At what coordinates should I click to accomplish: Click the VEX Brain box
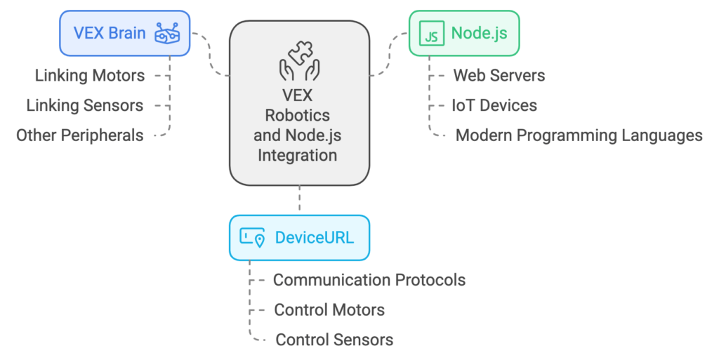(125, 33)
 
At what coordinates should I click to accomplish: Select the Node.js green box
(464, 33)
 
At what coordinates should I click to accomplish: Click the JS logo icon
(431, 33)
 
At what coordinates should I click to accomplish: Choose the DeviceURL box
(299, 237)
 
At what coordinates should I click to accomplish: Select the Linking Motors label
(90, 75)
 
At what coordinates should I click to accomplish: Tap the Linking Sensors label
(84, 105)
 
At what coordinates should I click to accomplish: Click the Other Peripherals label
(80, 135)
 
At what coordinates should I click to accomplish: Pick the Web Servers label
(499, 75)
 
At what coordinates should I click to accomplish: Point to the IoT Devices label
(494, 105)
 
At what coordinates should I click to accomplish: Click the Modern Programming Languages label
(579, 135)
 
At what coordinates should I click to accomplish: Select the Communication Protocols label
(369, 280)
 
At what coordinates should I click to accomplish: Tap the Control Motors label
(329, 309)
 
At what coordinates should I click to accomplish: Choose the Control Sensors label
(334, 340)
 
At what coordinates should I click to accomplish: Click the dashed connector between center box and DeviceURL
(299, 199)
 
